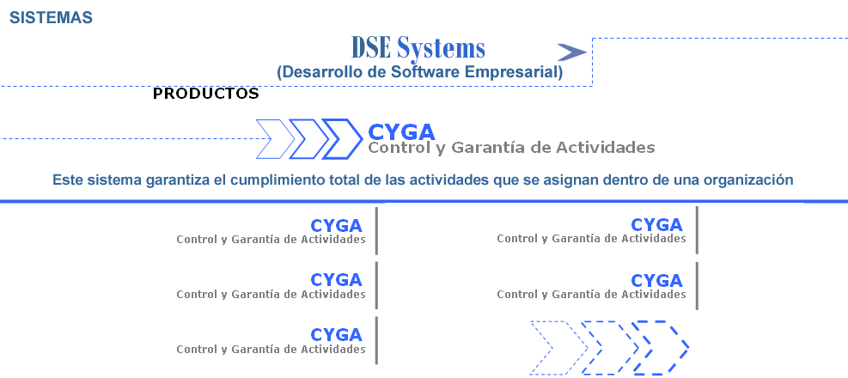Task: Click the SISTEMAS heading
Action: (x=51, y=18)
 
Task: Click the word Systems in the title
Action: (x=441, y=49)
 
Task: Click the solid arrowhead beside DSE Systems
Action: (x=571, y=52)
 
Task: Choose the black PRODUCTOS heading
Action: (x=205, y=94)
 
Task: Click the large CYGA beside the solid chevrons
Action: (x=401, y=132)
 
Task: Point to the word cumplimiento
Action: (x=277, y=180)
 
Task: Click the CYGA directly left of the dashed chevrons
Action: (x=336, y=335)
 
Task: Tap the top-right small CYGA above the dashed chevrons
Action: (x=656, y=224)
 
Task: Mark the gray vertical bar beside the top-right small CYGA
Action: (x=697, y=230)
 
